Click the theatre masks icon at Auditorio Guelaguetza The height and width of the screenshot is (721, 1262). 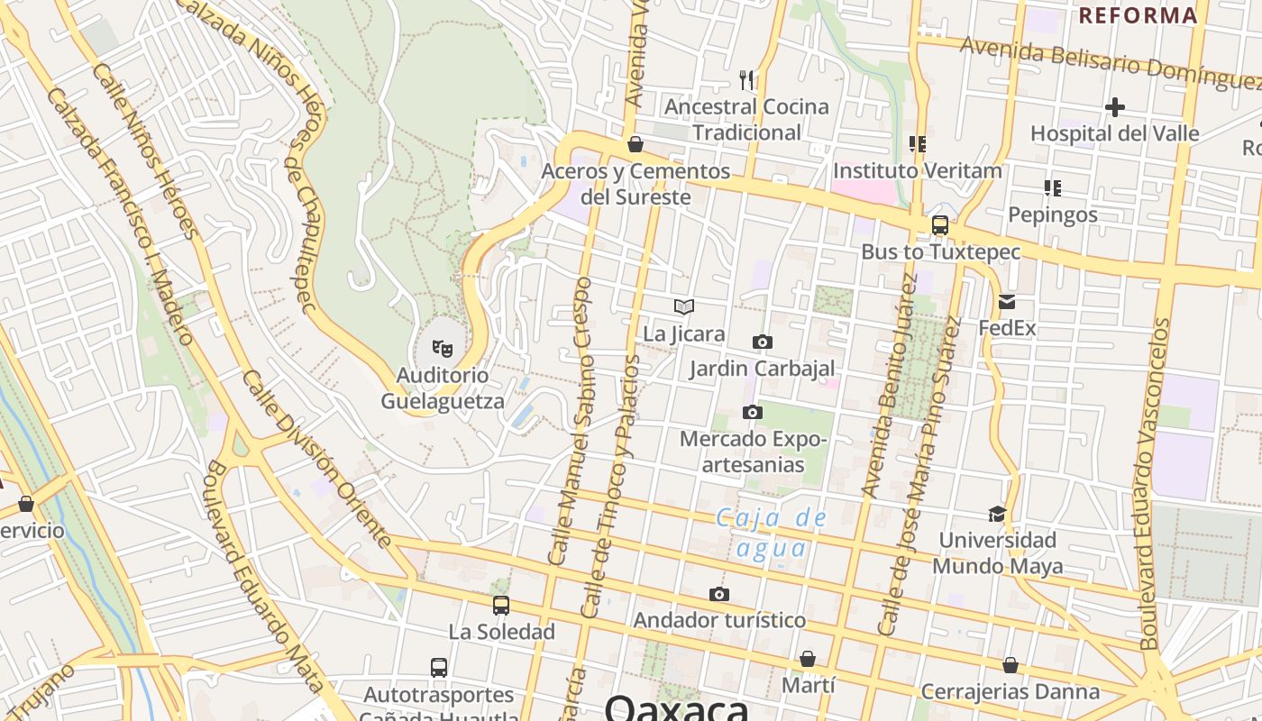tap(442, 347)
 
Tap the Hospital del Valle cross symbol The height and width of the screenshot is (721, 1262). tap(1115, 108)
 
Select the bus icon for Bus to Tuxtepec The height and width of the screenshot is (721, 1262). tap(939, 225)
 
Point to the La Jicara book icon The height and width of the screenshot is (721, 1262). tap(684, 307)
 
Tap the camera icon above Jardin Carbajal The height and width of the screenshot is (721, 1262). tap(763, 342)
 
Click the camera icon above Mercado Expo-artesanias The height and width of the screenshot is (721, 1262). tap(752, 413)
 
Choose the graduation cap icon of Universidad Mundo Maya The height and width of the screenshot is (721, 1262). tap(997, 514)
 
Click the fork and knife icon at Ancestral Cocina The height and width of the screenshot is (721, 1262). tap(746, 80)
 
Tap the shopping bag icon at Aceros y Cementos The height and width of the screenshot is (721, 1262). tap(636, 144)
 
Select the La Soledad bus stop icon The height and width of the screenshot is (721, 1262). tap(501, 606)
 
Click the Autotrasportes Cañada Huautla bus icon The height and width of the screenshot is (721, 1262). tap(439, 668)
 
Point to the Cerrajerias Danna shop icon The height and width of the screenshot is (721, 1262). tap(1011, 665)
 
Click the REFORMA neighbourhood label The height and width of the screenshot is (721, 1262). tap(1138, 15)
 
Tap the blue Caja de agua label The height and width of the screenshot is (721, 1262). tap(772, 532)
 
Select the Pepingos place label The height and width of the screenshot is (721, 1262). tap(1052, 214)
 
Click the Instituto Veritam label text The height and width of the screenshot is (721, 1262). tap(917, 170)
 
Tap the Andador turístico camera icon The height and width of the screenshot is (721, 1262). tap(718, 594)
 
